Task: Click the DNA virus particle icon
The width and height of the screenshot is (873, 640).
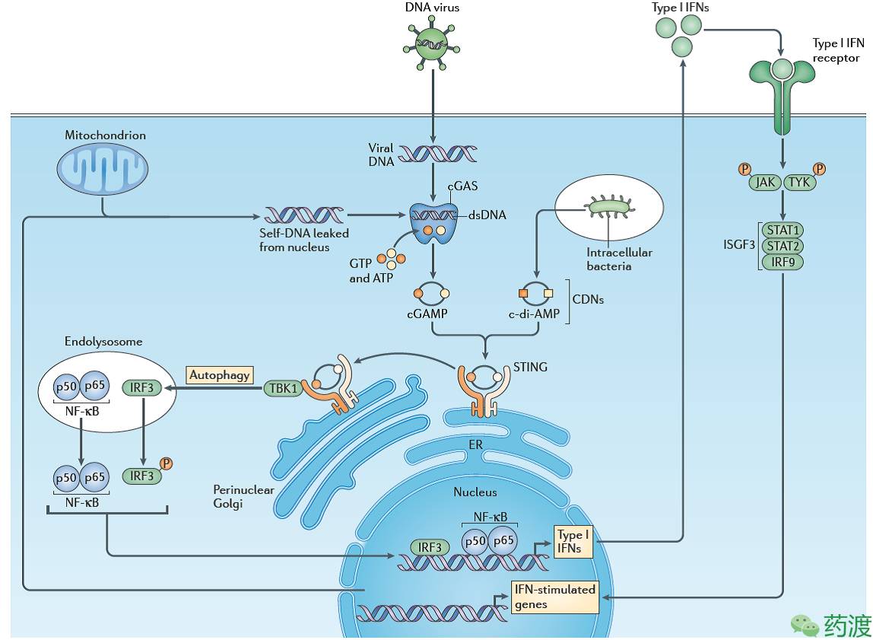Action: pyautogui.click(x=431, y=43)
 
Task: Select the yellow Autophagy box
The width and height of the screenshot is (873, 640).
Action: pyautogui.click(x=220, y=374)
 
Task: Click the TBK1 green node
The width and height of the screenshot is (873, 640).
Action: pyautogui.click(x=282, y=388)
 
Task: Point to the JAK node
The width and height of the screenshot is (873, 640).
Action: pyautogui.click(x=764, y=182)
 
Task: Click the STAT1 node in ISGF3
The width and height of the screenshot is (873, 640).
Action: pyautogui.click(x=783, y=230)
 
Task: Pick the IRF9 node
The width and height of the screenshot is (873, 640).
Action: pyautogui.click(x=783, y=262)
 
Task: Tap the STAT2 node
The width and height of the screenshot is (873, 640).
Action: pyautogui.click(x=783, y=246)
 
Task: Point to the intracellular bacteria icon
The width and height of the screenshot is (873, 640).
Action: pyautogui.click(x=609, y=206)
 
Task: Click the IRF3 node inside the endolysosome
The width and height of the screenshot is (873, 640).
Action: pyautogui.click(x=142, y=388)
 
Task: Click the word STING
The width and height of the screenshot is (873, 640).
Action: pyautogui.click(x=530, y=367)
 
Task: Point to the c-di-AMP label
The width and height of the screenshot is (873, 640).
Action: pyautogui.click(x=535, y=314)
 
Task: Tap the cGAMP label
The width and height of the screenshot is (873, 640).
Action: pyautogui.click(x=431, y=314)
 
